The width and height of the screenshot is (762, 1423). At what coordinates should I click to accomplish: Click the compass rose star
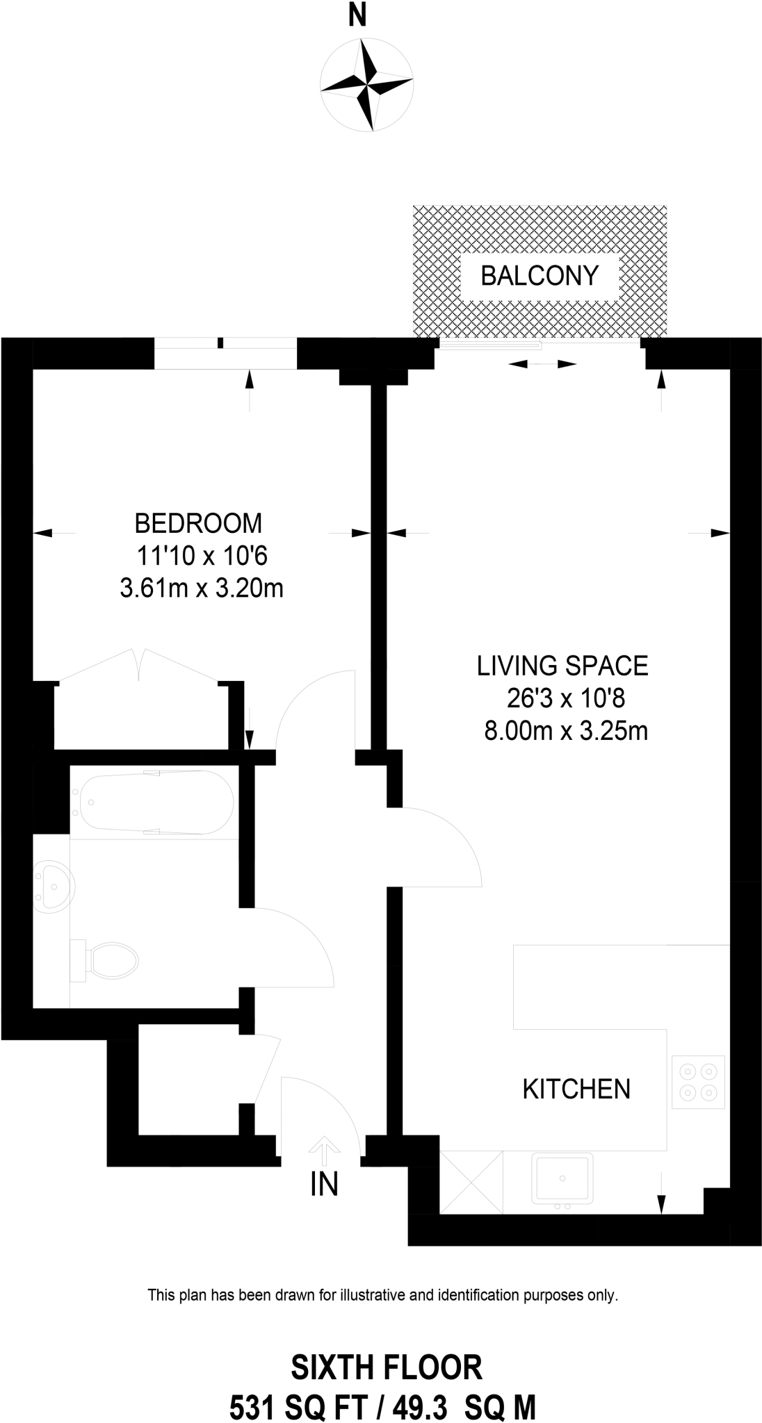[368, 85]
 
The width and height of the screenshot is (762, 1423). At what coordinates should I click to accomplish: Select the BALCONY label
[540, 276]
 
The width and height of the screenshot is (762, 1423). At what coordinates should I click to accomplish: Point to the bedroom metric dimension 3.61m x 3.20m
[202, 589]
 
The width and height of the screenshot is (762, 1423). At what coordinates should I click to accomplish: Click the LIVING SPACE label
[562, 666]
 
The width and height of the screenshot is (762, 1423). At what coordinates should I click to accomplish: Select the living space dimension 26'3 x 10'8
[562, 698]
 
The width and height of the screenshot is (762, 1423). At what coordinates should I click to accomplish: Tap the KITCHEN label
[576, 1088]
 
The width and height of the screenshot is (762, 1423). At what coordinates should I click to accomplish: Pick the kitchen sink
[562, 1178]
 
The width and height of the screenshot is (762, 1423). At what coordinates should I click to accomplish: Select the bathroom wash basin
[54, 887]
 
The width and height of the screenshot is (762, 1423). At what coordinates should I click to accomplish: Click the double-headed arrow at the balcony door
[542, 364]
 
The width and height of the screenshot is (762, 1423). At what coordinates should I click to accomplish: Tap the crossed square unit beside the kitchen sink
[471, 1183]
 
